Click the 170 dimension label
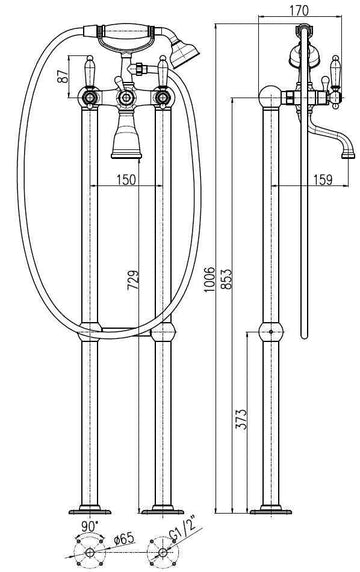coord(299,11)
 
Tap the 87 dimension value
coord(63,76)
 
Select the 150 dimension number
coord(126,179)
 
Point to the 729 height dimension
coord(133,280)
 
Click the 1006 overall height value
coord(209,279)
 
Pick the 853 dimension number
coord(226,279)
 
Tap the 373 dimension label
coord(241,420)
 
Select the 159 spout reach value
coord(322,179)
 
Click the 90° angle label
coord(90,526)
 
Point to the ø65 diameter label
coord(124,539)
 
